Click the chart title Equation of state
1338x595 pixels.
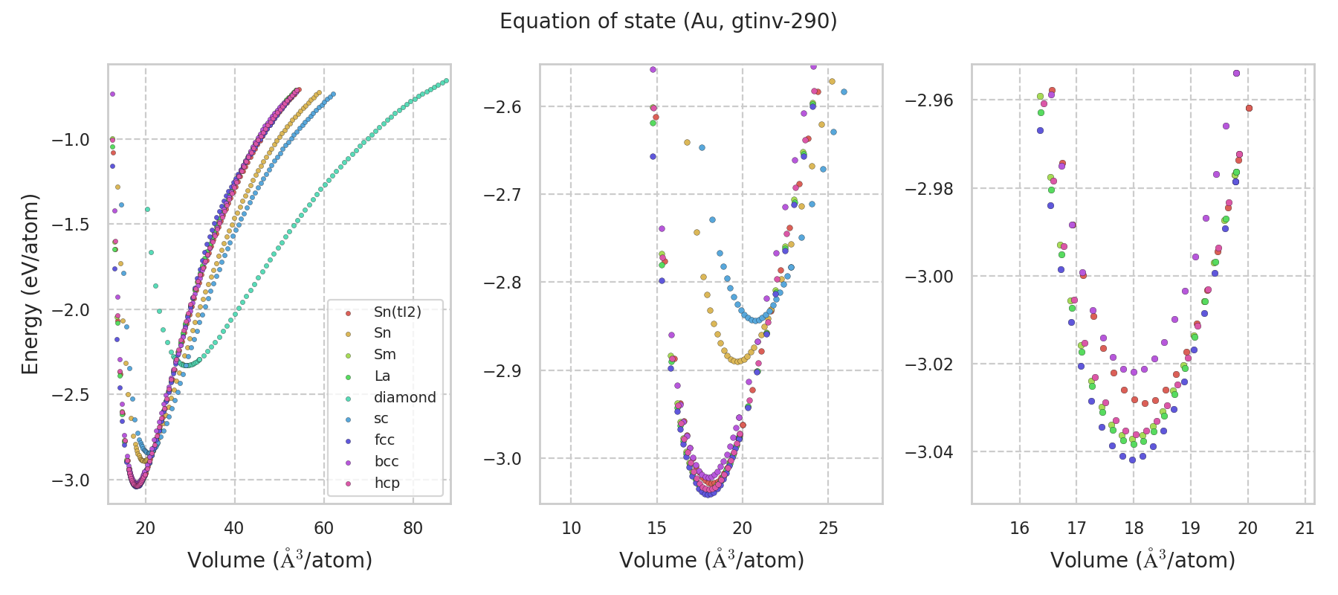click(x=668, y=22)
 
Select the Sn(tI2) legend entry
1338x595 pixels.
click(x=397, y=312)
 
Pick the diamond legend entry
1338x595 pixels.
click(x=404, y=397)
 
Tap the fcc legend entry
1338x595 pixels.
click(x=384, y=440)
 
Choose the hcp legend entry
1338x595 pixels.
click(x=387, y=483)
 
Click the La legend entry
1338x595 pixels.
click(x=382, y=376)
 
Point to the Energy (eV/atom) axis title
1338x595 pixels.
click(x=30, y=284)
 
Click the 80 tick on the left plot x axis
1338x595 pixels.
click(x=413, y=528)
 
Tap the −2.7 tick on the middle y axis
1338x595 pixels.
click(x=502, y=195)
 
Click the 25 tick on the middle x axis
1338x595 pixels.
click(x=828, y=528)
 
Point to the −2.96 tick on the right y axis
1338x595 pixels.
click(x=929, y=100)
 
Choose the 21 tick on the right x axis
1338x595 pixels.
click(x=1305, y=528)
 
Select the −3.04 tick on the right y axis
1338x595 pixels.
click(x=929, y=452)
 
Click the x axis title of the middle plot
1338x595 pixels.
click(x=711, y=560)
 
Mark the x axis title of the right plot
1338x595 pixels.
click(x=1143, y=560)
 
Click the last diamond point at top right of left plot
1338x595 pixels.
click(x=446, y=80)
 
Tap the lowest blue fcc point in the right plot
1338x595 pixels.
click(x=1132, y=460)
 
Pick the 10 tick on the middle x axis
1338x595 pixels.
click(x=571, y=528)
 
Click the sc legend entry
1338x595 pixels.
click(x=381, y=418)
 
